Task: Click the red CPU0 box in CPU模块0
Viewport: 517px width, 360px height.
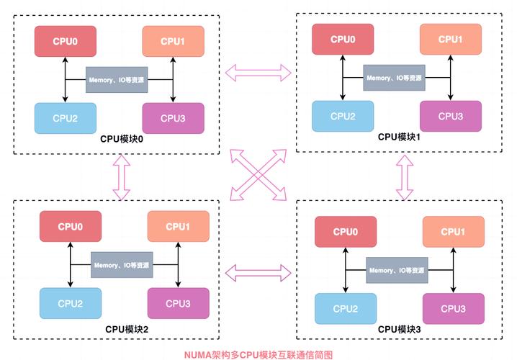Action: [65, 41]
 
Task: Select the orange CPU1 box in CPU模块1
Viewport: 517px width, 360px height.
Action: [451, 39]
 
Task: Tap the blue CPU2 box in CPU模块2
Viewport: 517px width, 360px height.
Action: [71, 303]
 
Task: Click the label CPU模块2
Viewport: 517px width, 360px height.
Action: [127, 329]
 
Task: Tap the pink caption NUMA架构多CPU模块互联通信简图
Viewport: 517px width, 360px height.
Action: [258, 354]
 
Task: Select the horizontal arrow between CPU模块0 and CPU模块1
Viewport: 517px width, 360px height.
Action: [258, 71]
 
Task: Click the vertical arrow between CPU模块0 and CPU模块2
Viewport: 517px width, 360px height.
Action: [120, 177]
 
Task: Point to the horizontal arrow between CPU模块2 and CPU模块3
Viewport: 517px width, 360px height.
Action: [258, 271]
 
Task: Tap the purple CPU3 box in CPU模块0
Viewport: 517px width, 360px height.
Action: [173, 118]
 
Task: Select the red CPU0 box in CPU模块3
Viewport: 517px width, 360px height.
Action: [346, 231]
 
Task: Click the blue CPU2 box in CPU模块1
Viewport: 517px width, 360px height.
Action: [343, 116]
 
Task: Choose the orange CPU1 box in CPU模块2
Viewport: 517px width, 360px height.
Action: [177, 226]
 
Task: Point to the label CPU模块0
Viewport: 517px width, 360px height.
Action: [122, 139]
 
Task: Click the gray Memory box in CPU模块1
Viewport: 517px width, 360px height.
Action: [393, 77]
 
